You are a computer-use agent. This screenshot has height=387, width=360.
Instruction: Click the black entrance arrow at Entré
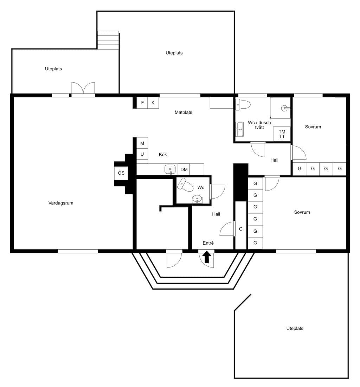[x=207, y=257]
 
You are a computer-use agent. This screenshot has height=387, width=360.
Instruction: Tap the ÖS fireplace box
[x=121, y=173]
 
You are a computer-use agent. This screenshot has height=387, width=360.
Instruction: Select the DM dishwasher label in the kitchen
[x=184, y=169]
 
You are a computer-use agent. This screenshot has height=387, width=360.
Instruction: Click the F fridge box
[x=142, y=103]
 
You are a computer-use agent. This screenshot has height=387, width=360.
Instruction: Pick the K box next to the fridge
[x=153, y=103]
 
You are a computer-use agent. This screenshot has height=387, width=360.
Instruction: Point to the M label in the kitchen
[x=142, y=143]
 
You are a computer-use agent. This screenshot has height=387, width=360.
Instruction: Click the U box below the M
[x=142, y=154]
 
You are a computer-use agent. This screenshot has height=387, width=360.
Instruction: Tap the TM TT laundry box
[x=282, y=134]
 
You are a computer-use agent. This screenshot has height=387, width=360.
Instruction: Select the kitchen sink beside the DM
[x=170, y=169]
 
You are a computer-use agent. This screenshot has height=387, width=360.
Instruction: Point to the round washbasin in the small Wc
[x=197, y=199]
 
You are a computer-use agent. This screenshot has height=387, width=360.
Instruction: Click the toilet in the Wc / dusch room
[x=243, y=105]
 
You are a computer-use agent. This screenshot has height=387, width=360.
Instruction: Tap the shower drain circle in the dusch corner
[x=284, y=108]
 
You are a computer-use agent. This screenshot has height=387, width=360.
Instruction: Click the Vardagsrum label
[x=61, y=203]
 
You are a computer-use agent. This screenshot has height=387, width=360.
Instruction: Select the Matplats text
[x=183, y=112]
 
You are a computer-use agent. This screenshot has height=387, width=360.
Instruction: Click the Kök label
[x=163, y=155]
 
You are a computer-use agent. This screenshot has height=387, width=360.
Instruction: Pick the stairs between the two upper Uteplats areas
[x=108, y=40]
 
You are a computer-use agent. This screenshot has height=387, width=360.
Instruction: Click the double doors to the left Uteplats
[x=83, y=88]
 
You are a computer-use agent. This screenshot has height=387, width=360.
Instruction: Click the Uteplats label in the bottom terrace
[x=295, y=328]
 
